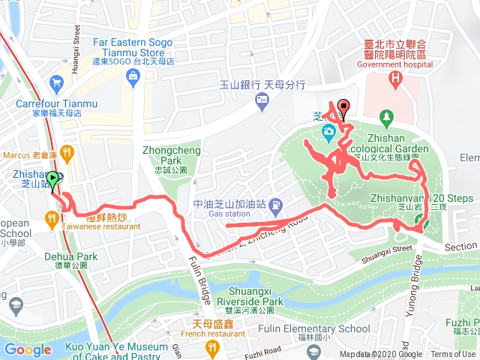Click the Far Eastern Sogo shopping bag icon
pos(132,76)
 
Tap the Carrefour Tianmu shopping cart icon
pos(55,82)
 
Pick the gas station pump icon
pos(276,203)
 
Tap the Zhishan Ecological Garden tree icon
pos(386,116)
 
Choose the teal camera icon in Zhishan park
pos(328,133)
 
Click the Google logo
pos(27,349)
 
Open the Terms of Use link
pos(452,355)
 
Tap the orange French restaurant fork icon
pos(212,346)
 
